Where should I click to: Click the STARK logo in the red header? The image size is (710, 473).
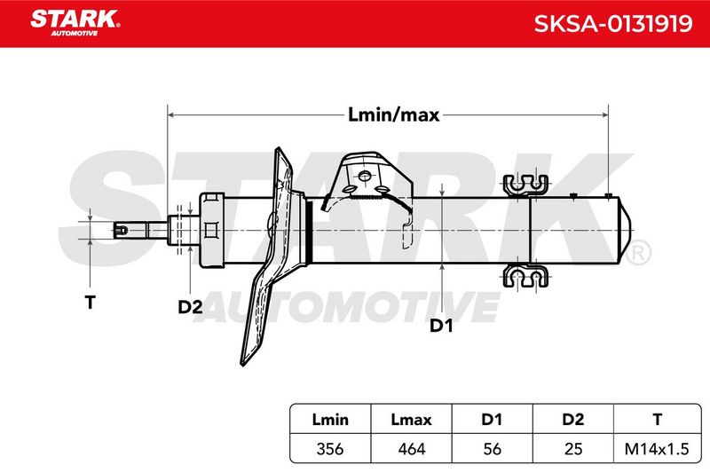tap(75, 23)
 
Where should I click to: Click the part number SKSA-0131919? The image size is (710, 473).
tap(613, 24)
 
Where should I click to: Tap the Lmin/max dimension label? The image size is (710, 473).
tap(393, 115)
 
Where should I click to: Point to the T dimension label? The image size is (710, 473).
tap(91, 302)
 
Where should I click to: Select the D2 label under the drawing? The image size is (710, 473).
tap(190, 307)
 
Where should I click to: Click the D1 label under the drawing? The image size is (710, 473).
tap(441, 325)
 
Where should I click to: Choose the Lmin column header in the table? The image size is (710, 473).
tap(330, 420)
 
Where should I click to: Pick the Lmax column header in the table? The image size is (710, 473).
tap(411, 420)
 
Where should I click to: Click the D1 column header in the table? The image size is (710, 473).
tap(492, 420)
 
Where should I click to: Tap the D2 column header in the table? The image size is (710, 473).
tap(572, 420)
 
